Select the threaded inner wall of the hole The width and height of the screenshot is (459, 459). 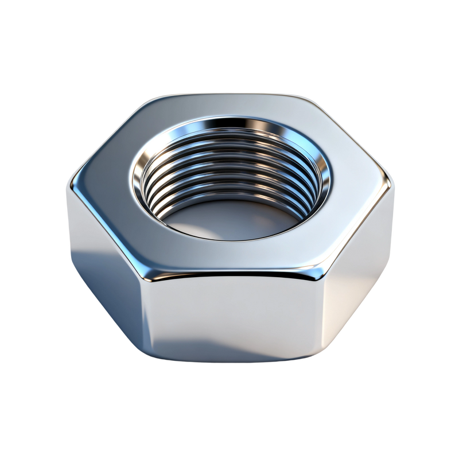click(229, 172)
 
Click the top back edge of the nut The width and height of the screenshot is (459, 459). click(229, 95)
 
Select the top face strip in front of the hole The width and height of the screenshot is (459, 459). click(229, 255)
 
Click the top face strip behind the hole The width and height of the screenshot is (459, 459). click(229, 106)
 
